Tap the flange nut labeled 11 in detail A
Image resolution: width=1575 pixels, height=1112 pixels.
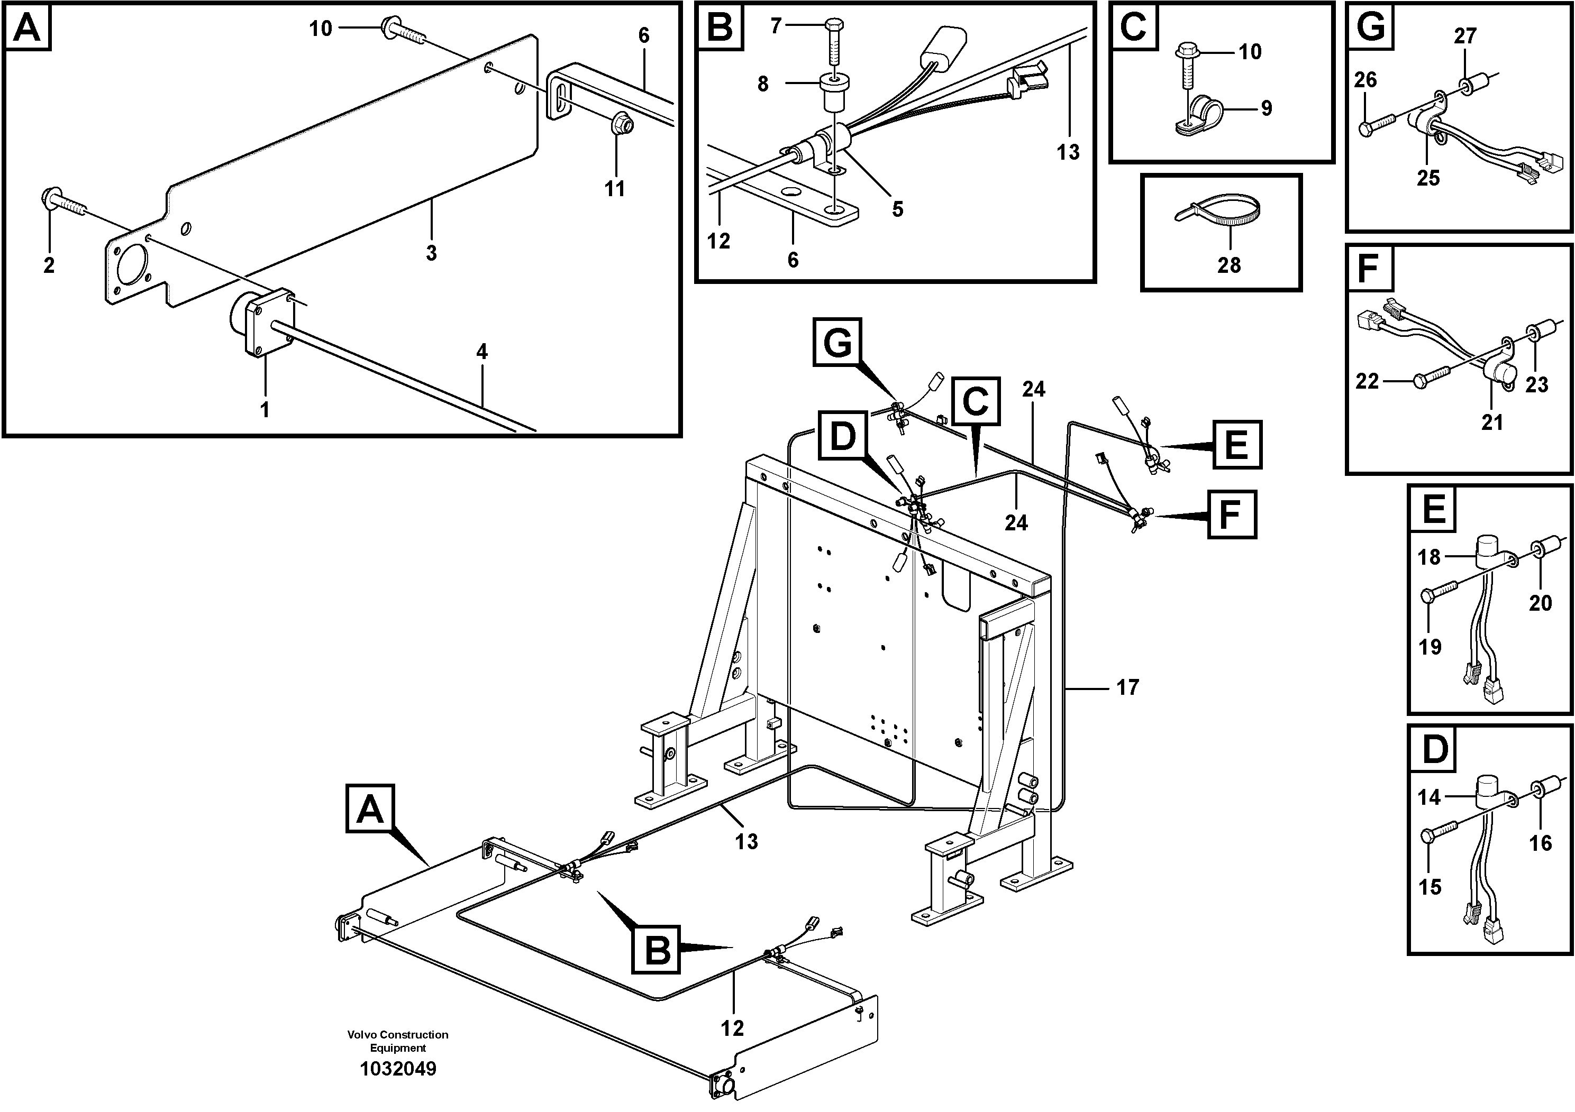click(622, 124)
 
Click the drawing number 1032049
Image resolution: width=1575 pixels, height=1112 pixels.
click(398, 1069)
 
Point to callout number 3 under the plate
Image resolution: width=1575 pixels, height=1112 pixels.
click(431, 253)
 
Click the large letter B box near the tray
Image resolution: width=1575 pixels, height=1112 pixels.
click(657, 950)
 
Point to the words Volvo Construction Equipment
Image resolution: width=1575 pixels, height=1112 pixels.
click(398, 1041)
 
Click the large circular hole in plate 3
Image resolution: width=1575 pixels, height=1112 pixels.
click(132, 270)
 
